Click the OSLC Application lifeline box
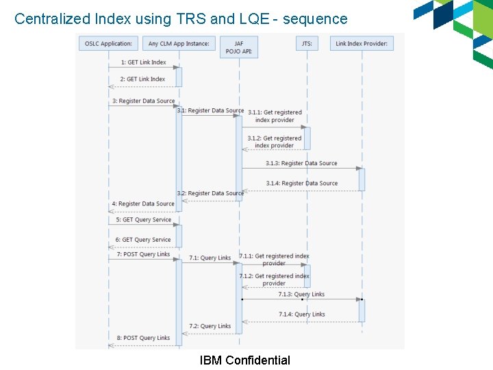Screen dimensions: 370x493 (x=108, y=44)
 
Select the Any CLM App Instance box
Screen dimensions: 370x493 (x=179, y=44)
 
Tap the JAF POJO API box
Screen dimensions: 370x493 (x=239, y=47)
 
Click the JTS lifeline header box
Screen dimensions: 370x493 (x=307, y=44)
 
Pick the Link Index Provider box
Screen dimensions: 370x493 (x=362, y=44)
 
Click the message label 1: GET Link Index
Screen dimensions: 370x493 (x=143, y=62)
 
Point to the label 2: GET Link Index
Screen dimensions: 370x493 (x=142, y=79)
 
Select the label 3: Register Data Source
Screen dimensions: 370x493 (x=143, y=101)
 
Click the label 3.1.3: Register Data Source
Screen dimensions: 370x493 (x=301, y=163)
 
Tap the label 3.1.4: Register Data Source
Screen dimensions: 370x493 (x=302, y=183)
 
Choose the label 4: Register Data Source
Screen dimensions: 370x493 (x=143, y=203)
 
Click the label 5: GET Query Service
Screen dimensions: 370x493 (x=143, y=220)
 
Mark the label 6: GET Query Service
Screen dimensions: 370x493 (x=143, y=240)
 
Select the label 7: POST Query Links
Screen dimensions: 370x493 (x=143, y=254)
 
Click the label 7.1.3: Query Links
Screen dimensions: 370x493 (x=301, y=294)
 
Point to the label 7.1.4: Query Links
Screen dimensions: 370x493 (x=302, y=314)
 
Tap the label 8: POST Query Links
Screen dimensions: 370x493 (x=143, y=338)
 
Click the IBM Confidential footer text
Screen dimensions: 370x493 (x=244, y=360)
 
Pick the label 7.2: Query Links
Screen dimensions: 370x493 (x=210, y=326)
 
